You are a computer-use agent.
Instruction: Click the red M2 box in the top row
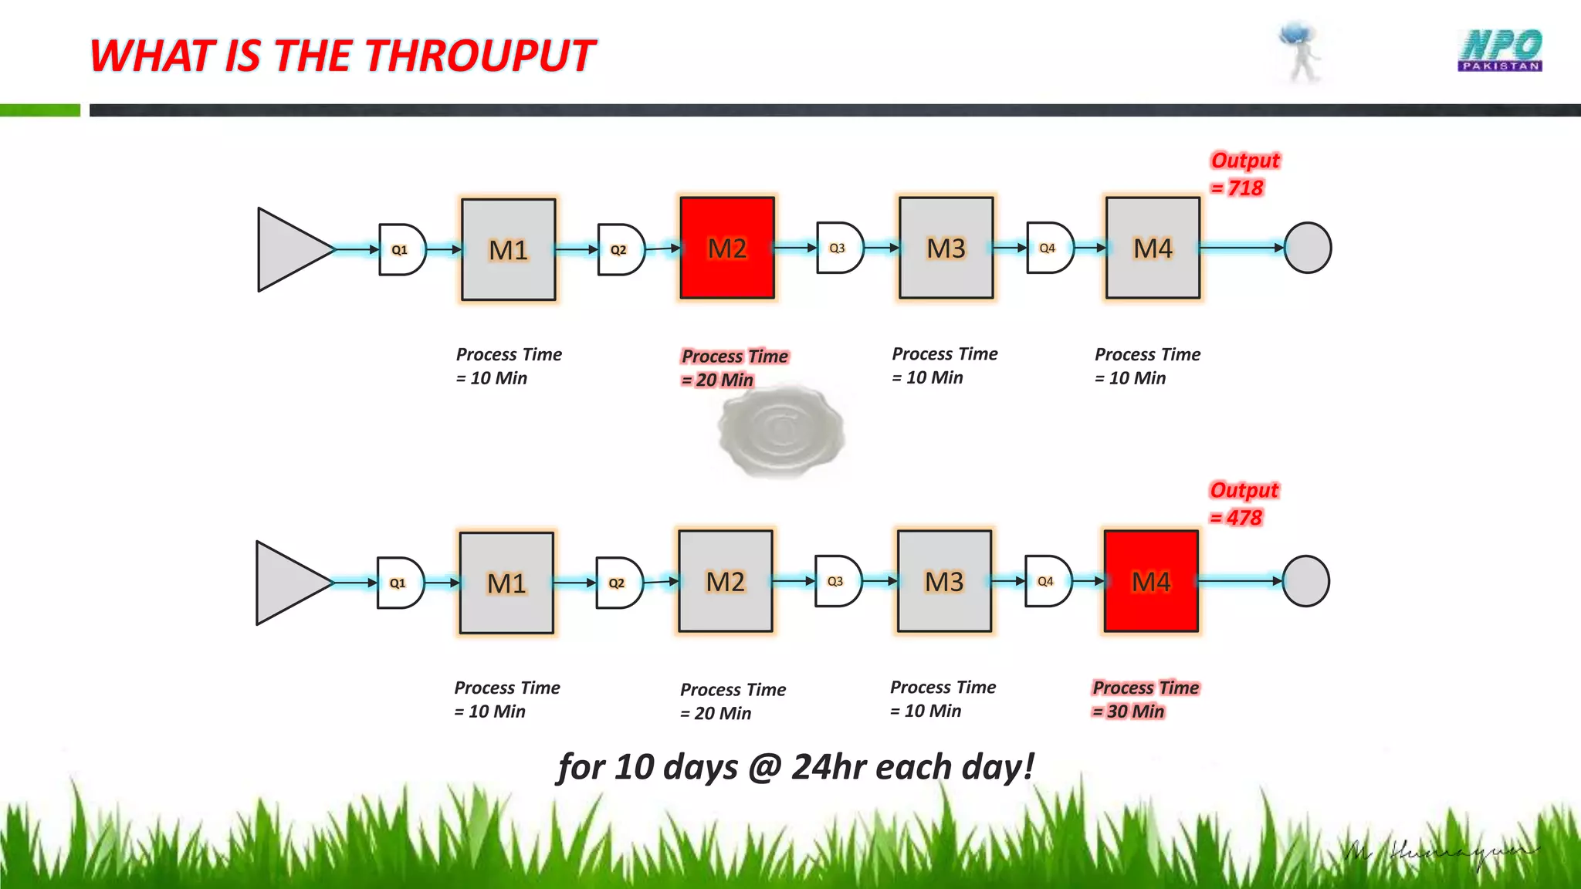coord(727,248)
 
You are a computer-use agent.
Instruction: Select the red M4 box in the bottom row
coord(1151,581)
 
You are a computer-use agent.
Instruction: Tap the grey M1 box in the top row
coord(508,249)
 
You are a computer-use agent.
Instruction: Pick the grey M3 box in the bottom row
coord(944,581)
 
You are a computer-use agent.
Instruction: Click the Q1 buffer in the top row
coord(401,249)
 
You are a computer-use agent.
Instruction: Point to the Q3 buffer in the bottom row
coord(838,581)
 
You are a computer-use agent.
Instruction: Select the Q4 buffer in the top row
coord(1049,248)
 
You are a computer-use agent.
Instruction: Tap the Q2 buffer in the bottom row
coord(618,583)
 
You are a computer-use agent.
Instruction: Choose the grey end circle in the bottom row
coord(1305,581)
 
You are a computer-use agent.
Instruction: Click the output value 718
coord(1244,188)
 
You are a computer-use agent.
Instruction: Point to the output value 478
coord(1244,518)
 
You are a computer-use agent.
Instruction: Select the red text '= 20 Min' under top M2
coord(717,380)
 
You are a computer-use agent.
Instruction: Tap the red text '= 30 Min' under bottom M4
coord(1129,712)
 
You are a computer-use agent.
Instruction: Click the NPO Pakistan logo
coord(1500,51)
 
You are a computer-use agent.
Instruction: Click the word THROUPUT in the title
coord(479,56)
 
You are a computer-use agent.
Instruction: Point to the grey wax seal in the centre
coord(780,431)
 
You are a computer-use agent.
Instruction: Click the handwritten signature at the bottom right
coord(1440,854)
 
